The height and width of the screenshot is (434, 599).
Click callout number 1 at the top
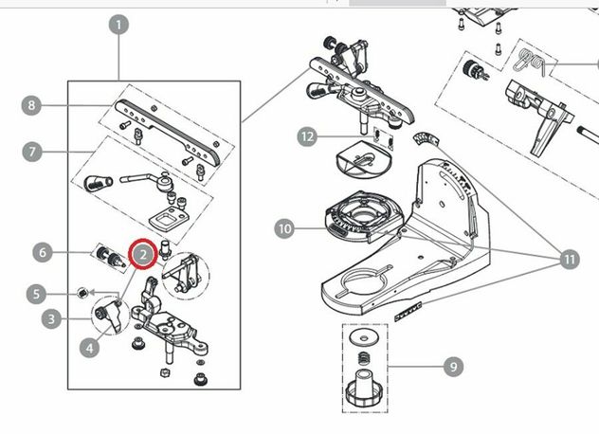pyautogui.click(x=118, y=26)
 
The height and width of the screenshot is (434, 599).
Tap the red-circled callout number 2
pyautogui.click(x=143, y=255)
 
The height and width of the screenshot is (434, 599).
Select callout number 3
pyautogui.click(x=51, y=318)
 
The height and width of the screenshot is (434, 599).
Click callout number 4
pyautogui.click(x=89, y=348)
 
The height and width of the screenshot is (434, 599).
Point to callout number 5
pyautogui.click(x=36, y=294)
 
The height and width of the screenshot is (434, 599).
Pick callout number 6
pyautogui.click(x=43, y=252)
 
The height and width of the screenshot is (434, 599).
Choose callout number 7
pyautogui.click(x=32, y=152)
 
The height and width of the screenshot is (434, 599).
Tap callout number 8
pyautogui.click(x=31, y=105)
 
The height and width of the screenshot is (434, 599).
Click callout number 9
pyautogui.click(x=453, y=367)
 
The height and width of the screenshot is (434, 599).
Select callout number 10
pyautogui.click(x=284, y=228)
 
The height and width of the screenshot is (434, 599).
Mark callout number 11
pyautogui.click(x=570, y=259)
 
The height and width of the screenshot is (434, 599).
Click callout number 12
pyautogui.click(x=307, y=136)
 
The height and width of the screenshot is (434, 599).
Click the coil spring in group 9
pyautogui.click(x=364, y=358)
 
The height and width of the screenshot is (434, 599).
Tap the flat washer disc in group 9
pyautogui.click(x=363, y=336)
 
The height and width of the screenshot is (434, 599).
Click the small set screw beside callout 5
pyautogui.click(x=82, y=294)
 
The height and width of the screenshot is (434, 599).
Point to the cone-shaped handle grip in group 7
pyautogui.click(x=97, y=183)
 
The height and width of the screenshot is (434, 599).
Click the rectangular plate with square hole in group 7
pyautogui.click(x=169, y=219)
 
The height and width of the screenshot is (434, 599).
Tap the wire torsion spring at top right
pyautogui.click(x=530, y=62)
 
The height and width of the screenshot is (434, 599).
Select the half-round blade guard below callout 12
pyautogui.click(x=364, y=158)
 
